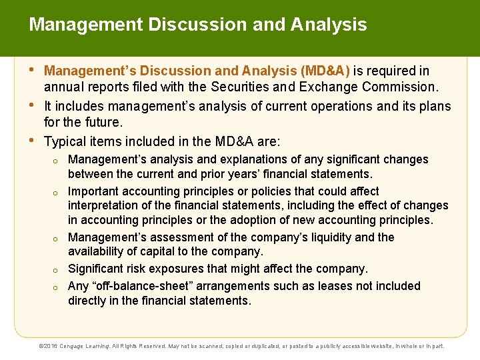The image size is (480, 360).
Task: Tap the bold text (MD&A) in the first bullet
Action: (326, 71)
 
